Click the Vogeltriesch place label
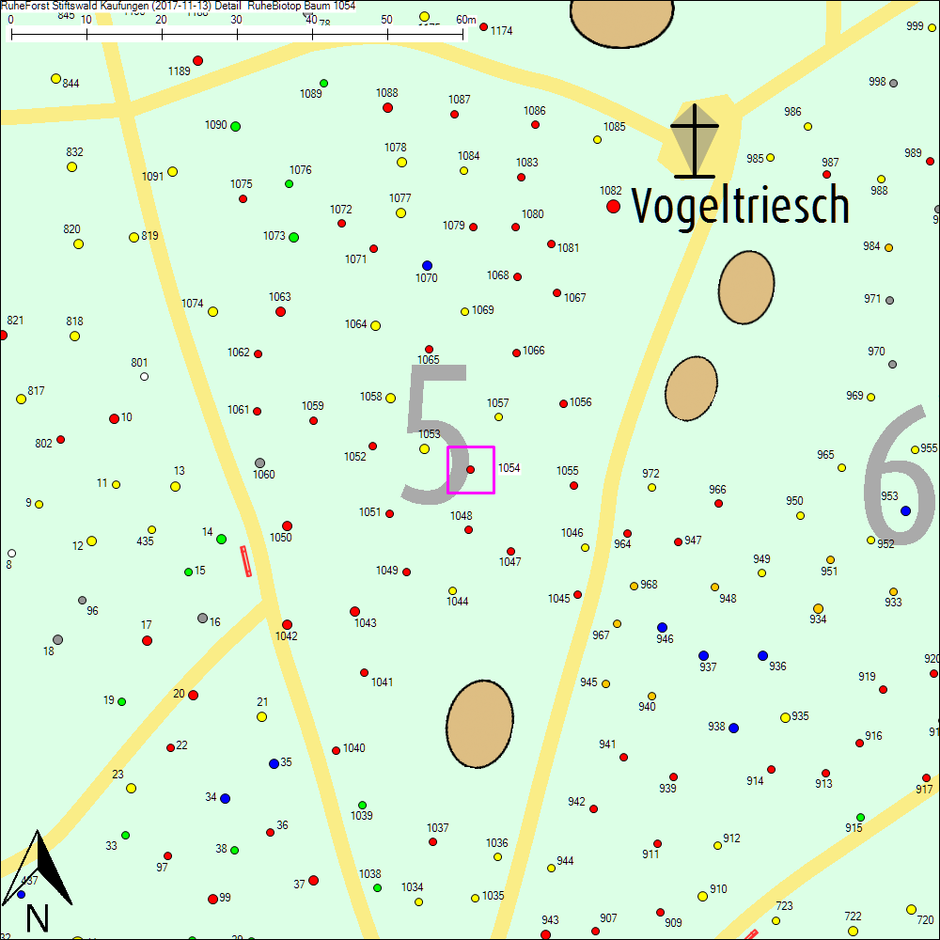pos(740,205)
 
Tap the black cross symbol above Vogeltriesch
pos(695,141)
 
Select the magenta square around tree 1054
pos(471,469)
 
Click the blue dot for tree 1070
pos(427,265)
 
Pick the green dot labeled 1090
pos(235,126)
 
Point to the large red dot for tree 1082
pos(613,206)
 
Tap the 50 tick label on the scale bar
pos(387,20)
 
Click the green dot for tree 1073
pos(293,237)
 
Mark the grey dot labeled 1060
pos(259,462)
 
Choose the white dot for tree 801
pos(144,376)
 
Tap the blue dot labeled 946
pos(662,627)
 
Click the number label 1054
pos(509,468)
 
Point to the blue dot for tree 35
pos(274,763)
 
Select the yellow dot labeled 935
pos(785,717)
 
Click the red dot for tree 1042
pos(287,624)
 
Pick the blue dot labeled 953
pos(905,510)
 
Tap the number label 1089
pos(310,94)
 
